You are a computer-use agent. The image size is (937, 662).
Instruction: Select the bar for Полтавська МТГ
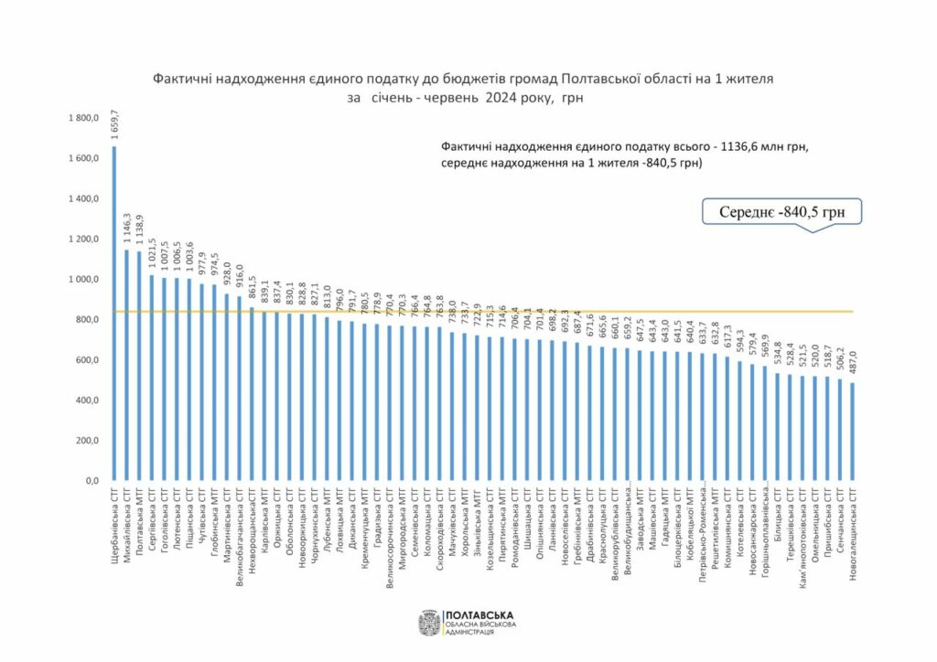click(x=139, y=366)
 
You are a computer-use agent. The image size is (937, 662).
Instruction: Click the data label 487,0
click(x=853, y=364)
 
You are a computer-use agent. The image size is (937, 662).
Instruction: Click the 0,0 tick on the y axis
click(x=89, y=481)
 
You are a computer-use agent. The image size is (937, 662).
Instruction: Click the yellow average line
click(x=549, y=312)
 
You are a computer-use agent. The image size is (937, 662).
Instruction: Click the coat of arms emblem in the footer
click(x=429, y=624)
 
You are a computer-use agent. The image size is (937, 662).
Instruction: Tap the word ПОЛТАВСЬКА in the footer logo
click(x=478, y=615)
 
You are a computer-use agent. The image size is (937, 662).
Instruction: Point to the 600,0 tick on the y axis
click(x=85, y=360)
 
